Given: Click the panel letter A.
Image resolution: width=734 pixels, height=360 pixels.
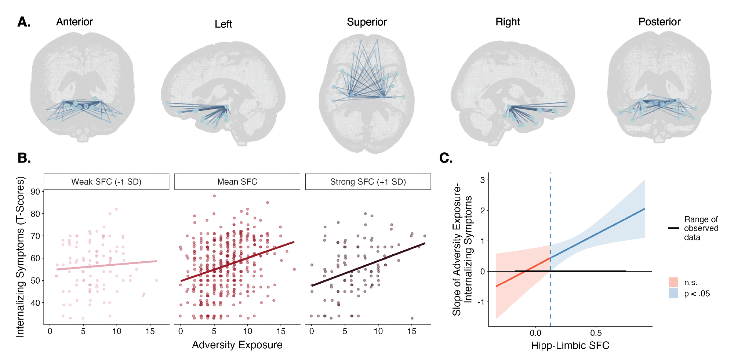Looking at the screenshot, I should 24,22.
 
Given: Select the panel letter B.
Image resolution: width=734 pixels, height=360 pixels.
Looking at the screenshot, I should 24,158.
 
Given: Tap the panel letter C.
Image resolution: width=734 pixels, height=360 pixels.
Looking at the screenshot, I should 446,158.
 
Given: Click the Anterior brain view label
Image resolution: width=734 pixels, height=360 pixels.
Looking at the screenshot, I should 75,22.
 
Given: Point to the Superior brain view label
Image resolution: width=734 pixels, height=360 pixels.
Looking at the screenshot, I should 367,22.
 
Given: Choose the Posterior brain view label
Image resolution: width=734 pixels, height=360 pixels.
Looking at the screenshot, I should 659,22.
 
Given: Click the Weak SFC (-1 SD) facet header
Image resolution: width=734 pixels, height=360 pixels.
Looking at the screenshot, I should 106,182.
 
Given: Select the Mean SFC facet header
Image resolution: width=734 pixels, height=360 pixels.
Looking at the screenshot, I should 237,182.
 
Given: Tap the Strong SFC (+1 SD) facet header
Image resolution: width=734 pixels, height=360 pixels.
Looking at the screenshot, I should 368,182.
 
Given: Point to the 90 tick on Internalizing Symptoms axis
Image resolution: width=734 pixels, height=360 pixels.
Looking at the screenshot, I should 36,192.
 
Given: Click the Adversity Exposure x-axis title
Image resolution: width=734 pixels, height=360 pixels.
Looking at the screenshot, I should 237,345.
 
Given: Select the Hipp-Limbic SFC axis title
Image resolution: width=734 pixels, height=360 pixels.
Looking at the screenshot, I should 570,345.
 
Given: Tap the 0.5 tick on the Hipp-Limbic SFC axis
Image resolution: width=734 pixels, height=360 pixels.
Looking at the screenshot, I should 596,333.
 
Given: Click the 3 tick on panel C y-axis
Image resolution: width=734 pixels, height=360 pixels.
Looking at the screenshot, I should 482,180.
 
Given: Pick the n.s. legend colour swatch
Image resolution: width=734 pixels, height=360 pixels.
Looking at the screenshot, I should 673,282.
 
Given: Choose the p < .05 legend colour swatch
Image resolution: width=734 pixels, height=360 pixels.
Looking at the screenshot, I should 673,293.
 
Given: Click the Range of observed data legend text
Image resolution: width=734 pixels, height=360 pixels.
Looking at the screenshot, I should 701,228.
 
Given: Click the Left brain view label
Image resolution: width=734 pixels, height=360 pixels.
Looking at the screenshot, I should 224,24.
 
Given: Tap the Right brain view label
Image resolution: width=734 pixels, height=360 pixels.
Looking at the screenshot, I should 508,22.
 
